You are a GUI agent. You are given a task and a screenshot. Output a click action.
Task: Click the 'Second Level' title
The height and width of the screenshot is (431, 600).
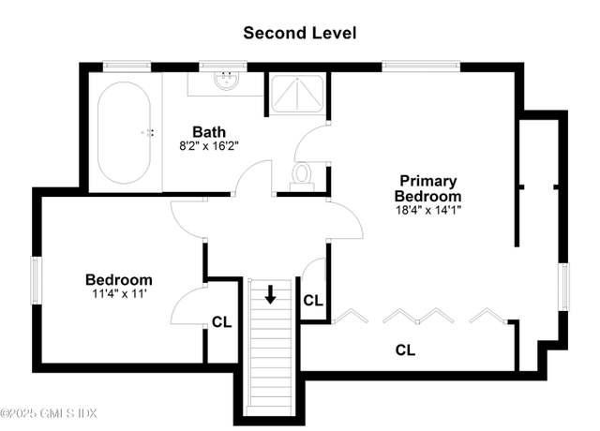(300, 33)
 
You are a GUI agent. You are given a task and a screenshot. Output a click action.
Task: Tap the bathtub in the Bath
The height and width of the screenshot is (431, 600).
(124, 133)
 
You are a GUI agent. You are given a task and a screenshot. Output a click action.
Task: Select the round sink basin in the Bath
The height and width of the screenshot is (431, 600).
(226, 81)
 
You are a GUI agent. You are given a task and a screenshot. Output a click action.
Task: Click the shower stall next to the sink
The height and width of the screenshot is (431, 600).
(297, 94)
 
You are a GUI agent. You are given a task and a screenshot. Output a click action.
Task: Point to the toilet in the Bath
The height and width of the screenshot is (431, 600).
(302, 177)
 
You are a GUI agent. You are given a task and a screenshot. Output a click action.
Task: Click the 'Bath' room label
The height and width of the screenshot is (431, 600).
(209, 132)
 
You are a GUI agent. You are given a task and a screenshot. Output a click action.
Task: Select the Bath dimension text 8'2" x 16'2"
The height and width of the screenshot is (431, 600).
(209, 146)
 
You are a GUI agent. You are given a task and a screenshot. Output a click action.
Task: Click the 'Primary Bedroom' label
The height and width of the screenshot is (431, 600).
(427, 188)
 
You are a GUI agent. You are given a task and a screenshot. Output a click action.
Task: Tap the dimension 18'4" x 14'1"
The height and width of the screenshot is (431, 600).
(428, 210)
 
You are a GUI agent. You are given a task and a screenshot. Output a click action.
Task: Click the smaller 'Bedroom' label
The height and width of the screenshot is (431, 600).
(119, 280)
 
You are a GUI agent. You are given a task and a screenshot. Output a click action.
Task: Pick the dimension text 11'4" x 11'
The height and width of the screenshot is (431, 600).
(119, 294)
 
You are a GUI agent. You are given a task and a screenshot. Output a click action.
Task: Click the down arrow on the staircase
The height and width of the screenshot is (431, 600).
(271, 294)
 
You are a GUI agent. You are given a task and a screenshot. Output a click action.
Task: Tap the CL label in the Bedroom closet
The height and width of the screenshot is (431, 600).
(222, 322)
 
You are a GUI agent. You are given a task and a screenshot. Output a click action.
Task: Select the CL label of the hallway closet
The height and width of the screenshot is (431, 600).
(313, 301)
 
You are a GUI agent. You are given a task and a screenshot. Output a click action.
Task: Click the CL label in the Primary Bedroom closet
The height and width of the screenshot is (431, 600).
(405, 349)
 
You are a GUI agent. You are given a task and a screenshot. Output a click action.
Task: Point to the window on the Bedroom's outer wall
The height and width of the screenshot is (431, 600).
(37, 280)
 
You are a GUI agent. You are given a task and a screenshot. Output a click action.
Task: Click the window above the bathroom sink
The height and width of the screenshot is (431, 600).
(223, 67)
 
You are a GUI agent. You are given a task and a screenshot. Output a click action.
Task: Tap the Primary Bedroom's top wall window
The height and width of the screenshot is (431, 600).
(421, 67)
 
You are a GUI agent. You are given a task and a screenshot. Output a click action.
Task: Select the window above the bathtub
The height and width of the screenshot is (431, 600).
(127, 67)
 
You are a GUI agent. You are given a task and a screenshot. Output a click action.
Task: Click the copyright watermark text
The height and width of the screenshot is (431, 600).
(49, 413)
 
